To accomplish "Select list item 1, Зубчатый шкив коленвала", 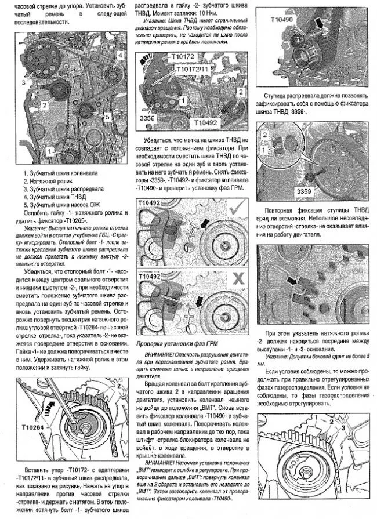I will (60, 173).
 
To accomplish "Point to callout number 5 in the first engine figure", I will (108, 117).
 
